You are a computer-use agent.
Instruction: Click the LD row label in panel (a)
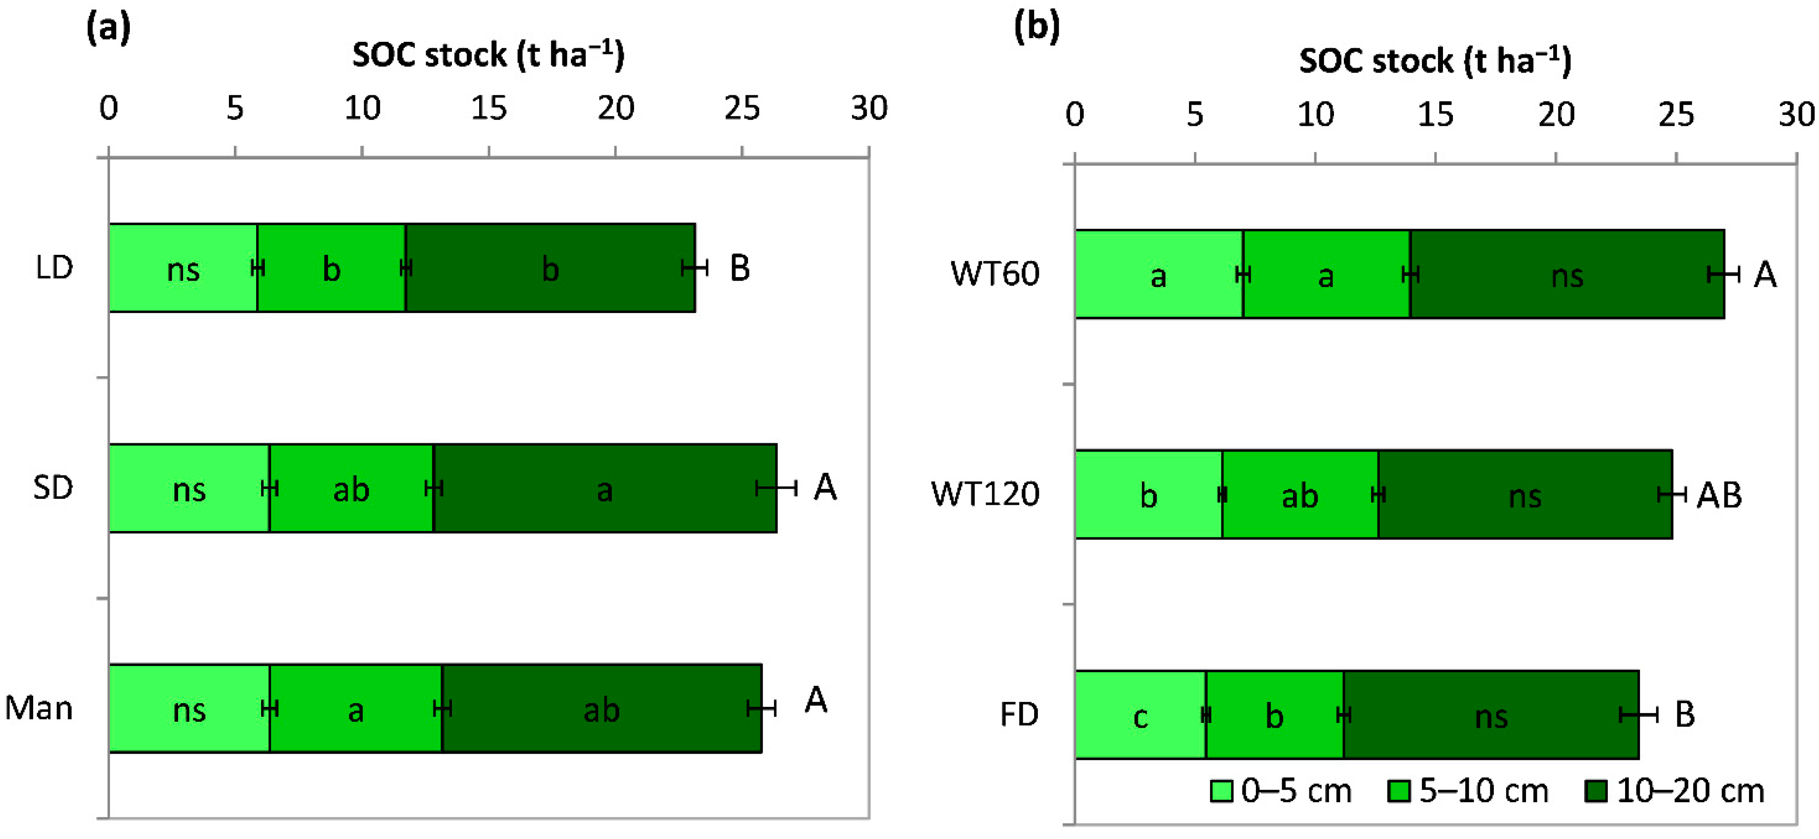(55, 268)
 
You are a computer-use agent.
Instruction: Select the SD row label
(53, 488)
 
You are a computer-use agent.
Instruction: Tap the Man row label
(39, 708)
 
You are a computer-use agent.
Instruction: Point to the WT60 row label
(994, 274)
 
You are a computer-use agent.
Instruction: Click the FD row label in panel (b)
(1019, 715)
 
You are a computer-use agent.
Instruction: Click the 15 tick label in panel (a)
(489, 109)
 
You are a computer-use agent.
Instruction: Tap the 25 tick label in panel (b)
(1675, 114)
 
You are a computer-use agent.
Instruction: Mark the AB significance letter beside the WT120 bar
(1719, 496)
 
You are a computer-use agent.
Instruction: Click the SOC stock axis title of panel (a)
(488, 55)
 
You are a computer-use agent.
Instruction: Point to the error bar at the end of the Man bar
(762, 708)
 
